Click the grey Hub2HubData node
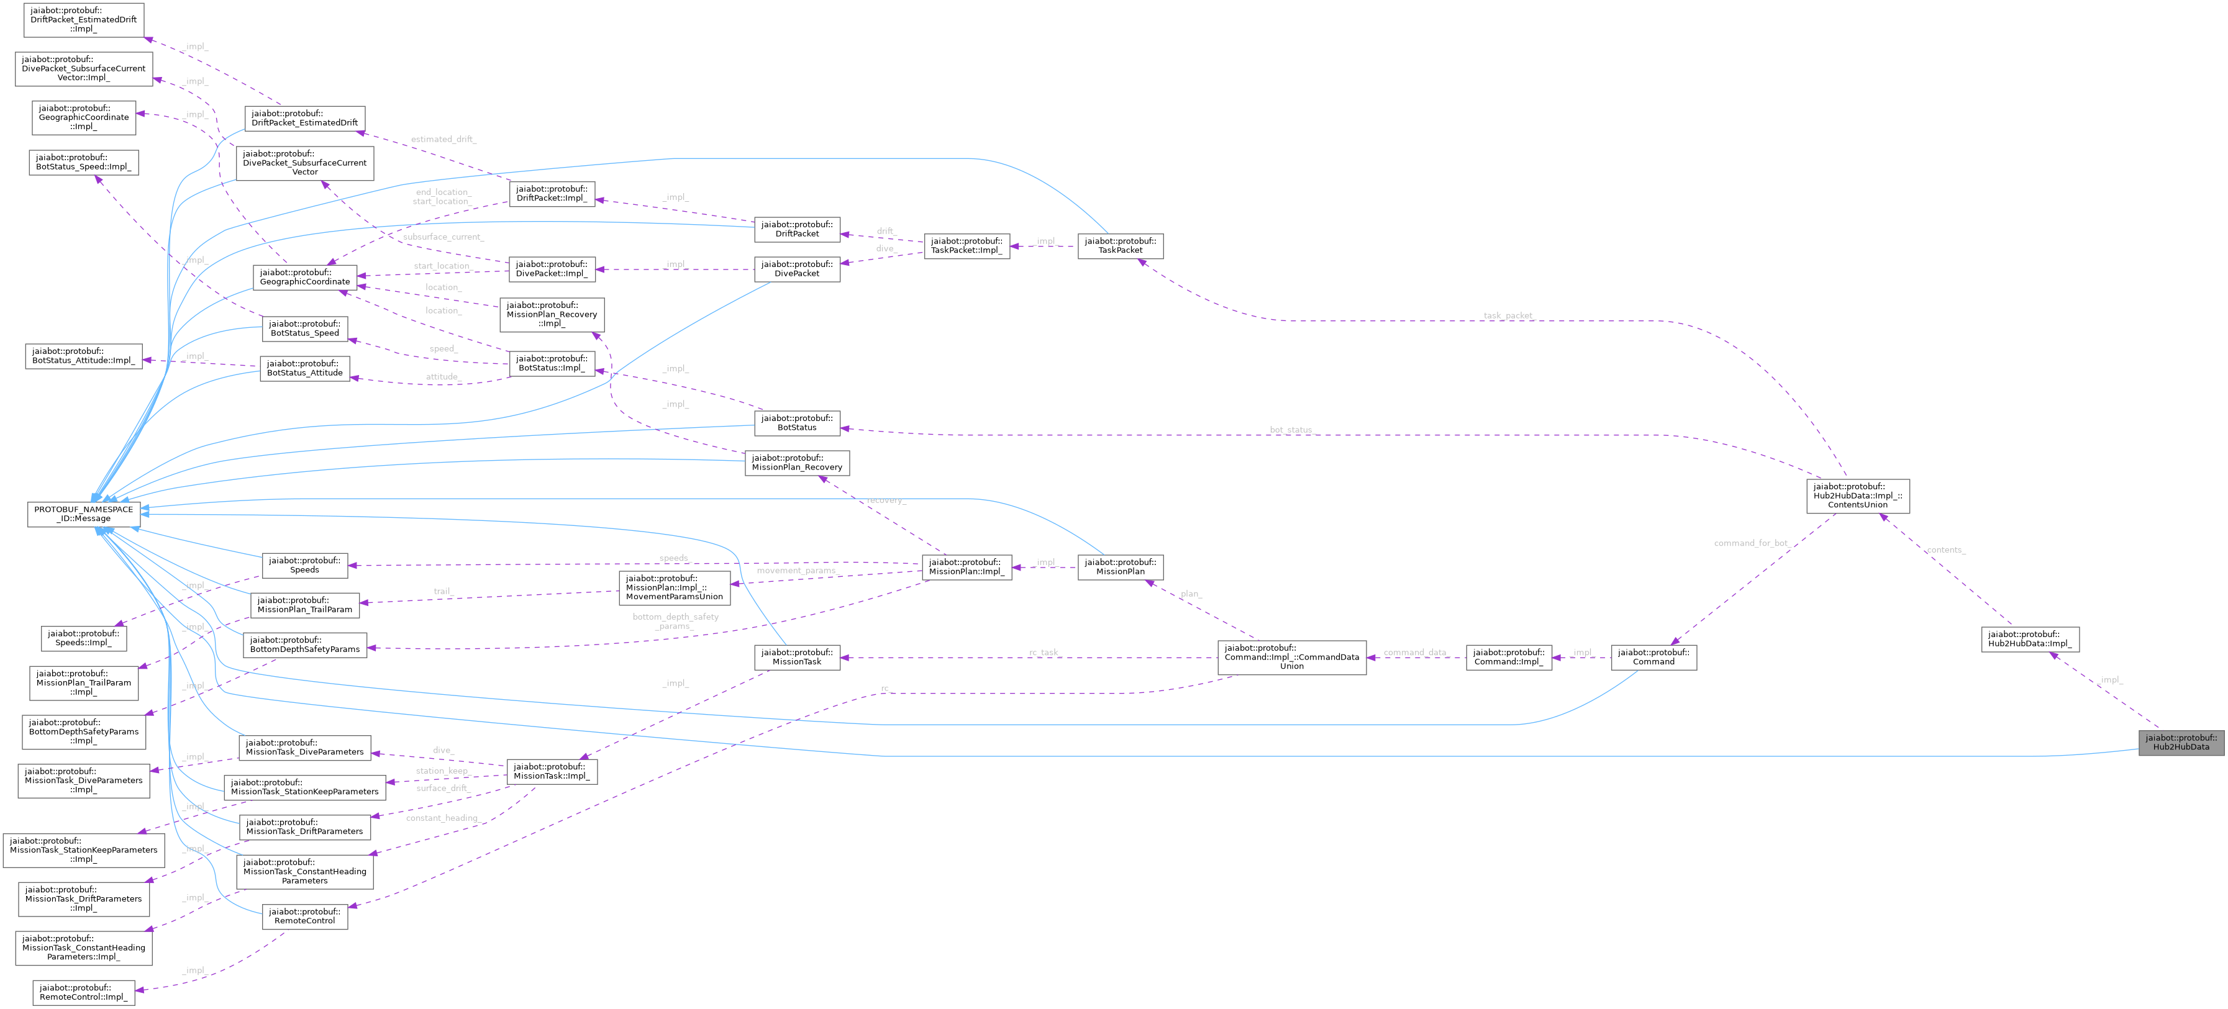2180,742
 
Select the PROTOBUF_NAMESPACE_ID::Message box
83,514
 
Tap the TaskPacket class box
1120,245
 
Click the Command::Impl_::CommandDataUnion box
1291,657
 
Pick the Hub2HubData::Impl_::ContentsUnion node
1857,495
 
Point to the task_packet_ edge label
1508,315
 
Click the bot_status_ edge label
1292,430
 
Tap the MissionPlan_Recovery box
796,463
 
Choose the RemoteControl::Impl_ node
83,992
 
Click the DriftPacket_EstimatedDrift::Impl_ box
83,19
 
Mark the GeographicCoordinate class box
304,277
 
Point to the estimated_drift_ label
443,139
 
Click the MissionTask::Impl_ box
551,771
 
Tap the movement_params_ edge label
796,571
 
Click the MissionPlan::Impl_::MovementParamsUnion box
674,587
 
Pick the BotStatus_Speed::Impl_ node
83,161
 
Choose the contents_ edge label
1946,550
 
